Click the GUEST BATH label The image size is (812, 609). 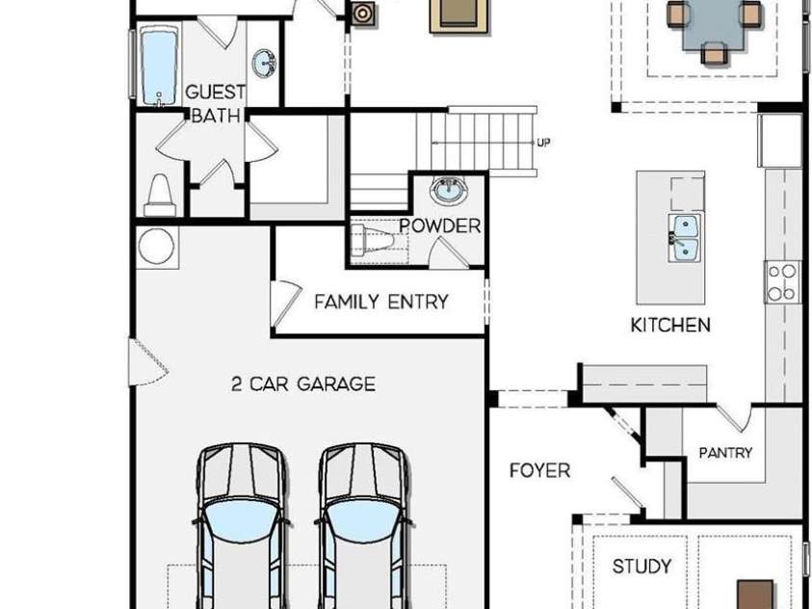[x=215, y=103]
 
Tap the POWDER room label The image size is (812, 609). [x=439, y=225]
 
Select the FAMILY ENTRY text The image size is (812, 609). [x=381, y=302]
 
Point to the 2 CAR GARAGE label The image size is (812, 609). [x=303, y=384]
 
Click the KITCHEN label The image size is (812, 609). [x=670, y=325]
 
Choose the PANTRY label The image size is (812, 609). [x=725, y=453]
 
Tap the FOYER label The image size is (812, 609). [x=539, y=470]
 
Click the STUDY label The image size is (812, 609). [x=642, y=566]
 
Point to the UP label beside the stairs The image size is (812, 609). [x=543, y=143]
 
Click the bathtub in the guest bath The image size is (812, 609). [x=159, y=66]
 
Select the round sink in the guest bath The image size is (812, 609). [x=264, y=64]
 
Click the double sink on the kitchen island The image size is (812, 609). [x=685, y=238]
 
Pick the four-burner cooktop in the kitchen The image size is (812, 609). [x=781, y=282]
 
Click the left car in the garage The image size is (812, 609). [x=241, y=525]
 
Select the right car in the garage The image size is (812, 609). [x=363, y=525]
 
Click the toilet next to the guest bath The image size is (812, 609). [x=160, y=195]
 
